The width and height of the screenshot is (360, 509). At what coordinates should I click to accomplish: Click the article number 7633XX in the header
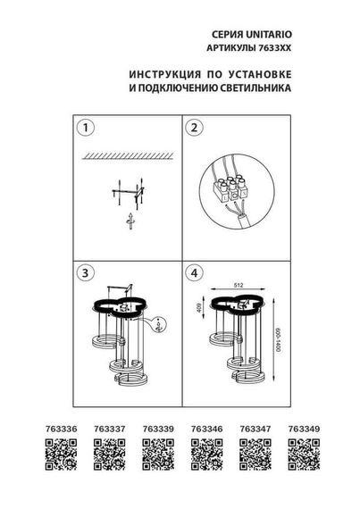[x=280, y=45]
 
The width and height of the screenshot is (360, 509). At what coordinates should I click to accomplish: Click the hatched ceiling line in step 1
[x=125, y=157]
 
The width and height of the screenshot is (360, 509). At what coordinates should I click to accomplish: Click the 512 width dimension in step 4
[x=239, y=286]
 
